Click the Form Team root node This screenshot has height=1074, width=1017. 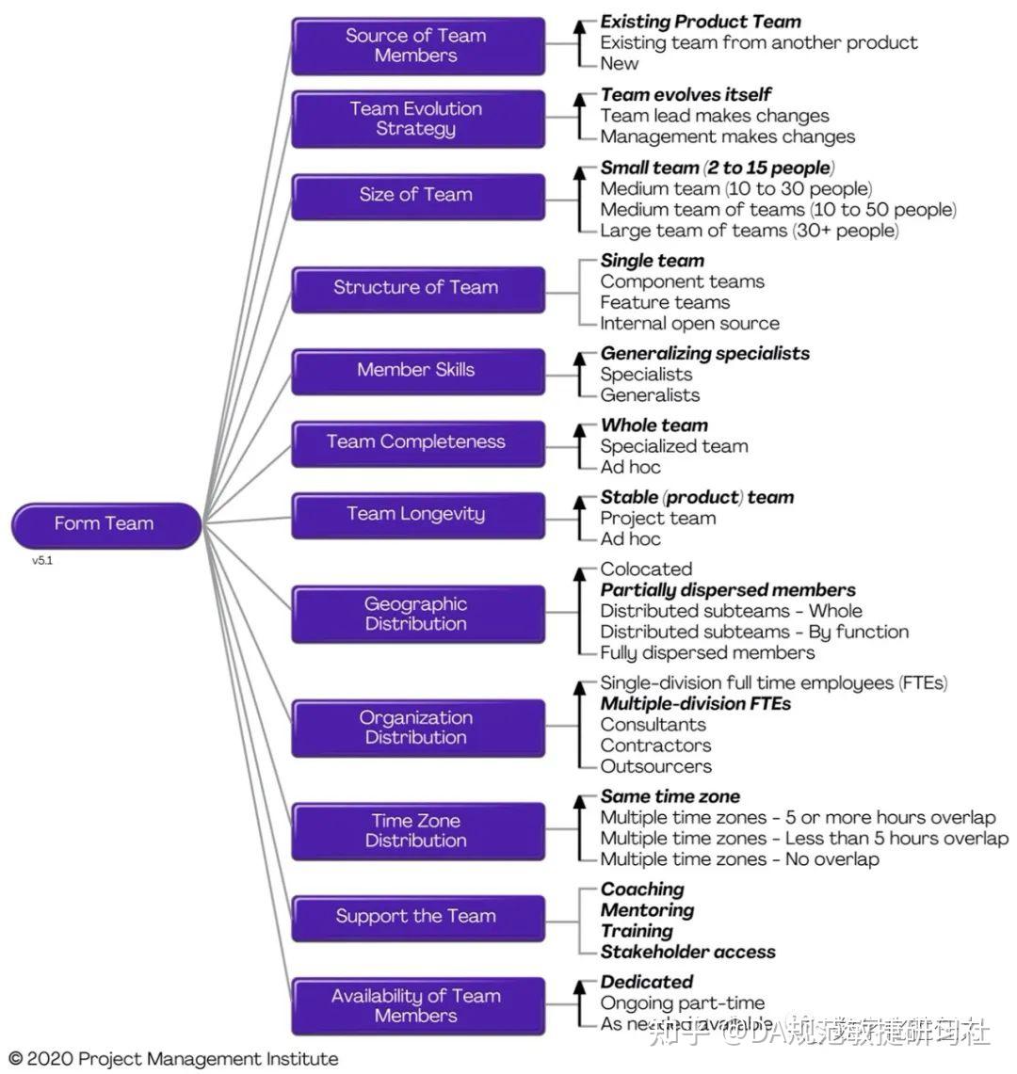pos(105,524)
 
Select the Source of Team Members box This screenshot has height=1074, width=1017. pos(417,45)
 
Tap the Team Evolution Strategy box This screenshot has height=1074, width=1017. pos(417,119)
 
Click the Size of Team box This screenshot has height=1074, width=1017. pos(417,196)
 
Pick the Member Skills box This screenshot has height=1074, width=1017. pos(417,370)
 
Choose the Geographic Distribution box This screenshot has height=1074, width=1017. pos(417,614)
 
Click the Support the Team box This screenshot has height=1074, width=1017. pos(417,917)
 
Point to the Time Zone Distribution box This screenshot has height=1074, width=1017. pos(417,830)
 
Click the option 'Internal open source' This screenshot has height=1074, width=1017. pos(689,323)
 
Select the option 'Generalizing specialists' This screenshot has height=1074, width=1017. pos(704,353)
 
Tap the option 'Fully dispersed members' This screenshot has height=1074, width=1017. pos(707,652)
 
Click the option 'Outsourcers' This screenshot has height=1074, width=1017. pos(655,766)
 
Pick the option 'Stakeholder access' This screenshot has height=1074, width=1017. pos(687,952)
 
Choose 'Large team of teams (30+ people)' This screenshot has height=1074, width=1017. pos(749,230)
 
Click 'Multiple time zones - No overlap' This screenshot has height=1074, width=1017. pos(739,858)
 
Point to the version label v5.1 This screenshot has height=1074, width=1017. pos(42,560)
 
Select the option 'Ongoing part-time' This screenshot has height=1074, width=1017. pos(682,1002)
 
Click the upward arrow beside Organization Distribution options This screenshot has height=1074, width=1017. pos(580,725)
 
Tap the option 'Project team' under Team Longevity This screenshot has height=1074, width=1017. pos(657,518)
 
